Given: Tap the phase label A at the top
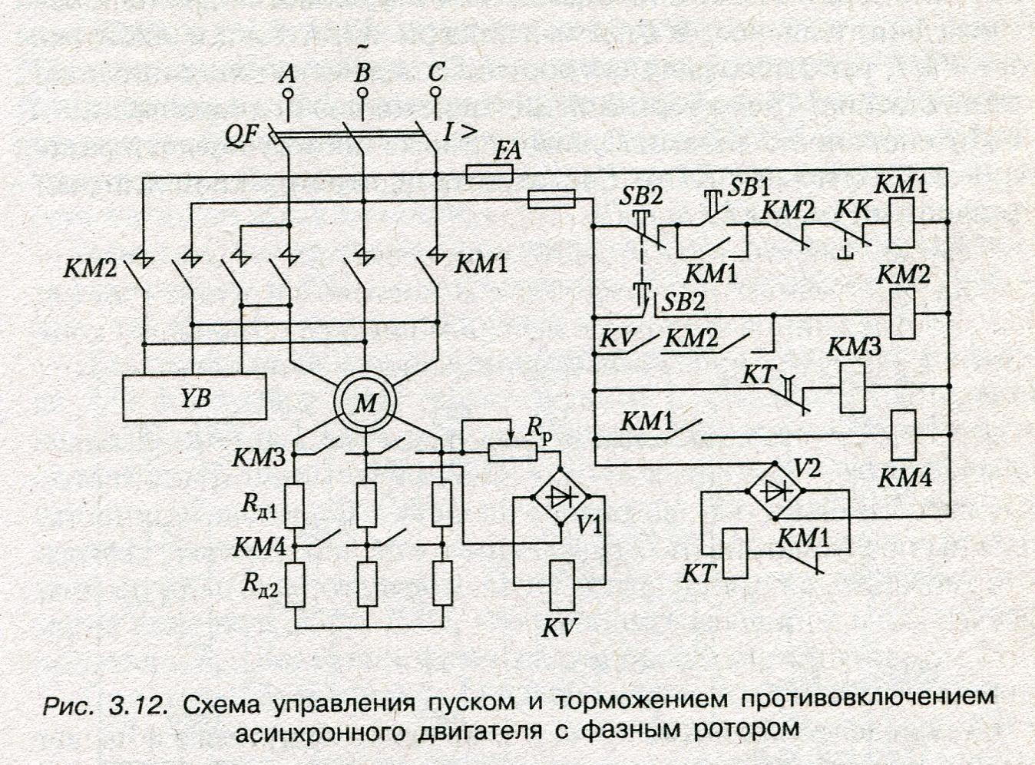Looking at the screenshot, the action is [x=288, y=73].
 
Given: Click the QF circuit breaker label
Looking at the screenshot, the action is [x=242, y=136].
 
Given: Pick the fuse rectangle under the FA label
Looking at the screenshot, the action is [x=490, y=174].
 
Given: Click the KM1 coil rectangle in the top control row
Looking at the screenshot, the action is [x=901, y=222].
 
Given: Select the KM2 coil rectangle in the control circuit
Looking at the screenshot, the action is [x=902, y=313].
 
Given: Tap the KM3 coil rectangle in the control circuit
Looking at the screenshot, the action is [x=852, y=387].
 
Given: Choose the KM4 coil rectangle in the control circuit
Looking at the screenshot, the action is [x=903, y=435].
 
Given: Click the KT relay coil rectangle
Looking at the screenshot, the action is [x=734, y=554].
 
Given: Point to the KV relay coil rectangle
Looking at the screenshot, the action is [x=562, y=585].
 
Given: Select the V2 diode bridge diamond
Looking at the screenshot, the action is [x=775, y=489].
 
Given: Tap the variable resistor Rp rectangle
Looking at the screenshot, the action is [x=512, y=452].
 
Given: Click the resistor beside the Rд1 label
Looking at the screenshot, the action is [x=295, y=505].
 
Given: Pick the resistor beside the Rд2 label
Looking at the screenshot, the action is [x=295, y=585].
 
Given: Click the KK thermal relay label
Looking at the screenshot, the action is [x=852, y=211].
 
